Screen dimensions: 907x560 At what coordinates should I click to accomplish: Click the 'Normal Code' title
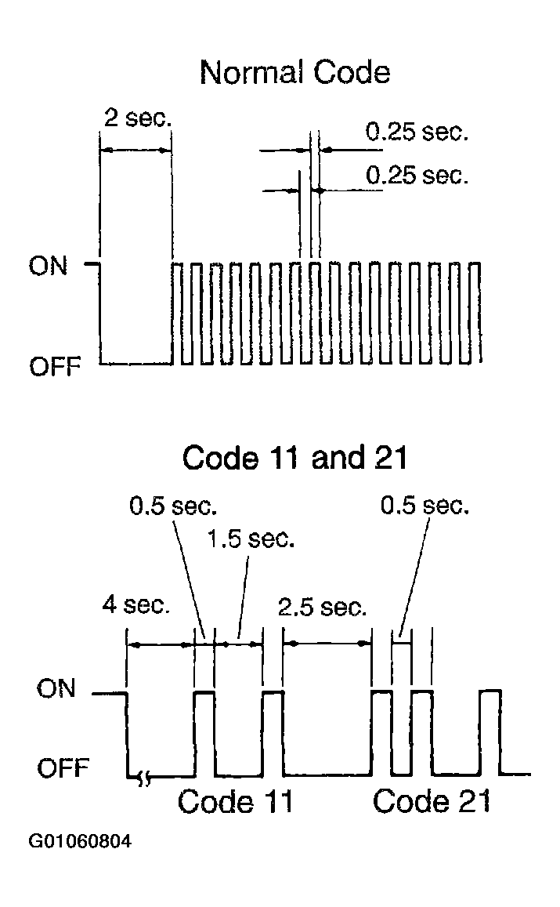pyautogui.click(x=294, y=72)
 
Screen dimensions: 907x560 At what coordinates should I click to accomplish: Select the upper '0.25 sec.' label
pyautogui.click(x=417, y=132)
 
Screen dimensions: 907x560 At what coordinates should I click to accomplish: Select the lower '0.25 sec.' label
pyautogui.click(x=417, y=175)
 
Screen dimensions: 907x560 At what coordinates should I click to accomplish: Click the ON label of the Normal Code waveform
pyautogui.click(x=49, y=267)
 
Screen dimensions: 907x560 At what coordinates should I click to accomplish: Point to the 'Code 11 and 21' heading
pyautogui.click(x=294, y=457)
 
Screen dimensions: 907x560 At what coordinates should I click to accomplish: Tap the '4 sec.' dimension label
pyautogui.click(x=135, y=606)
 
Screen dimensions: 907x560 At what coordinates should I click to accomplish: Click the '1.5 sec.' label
pyautogui.click(x=251, y=540)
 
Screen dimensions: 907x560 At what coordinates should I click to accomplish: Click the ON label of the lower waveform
pyautogui.click(x=56, y=689)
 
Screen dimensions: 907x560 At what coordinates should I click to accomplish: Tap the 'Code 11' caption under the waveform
pyautogui.click(x=235, y=801)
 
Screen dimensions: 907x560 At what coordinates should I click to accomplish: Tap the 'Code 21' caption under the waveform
pyautogui.click(x=431, y=801)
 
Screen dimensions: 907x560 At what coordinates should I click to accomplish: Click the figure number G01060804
pyautogui.click(x=81, y=843)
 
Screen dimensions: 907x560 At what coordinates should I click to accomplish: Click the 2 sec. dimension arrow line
pyautogui.click(x=135, y=151)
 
